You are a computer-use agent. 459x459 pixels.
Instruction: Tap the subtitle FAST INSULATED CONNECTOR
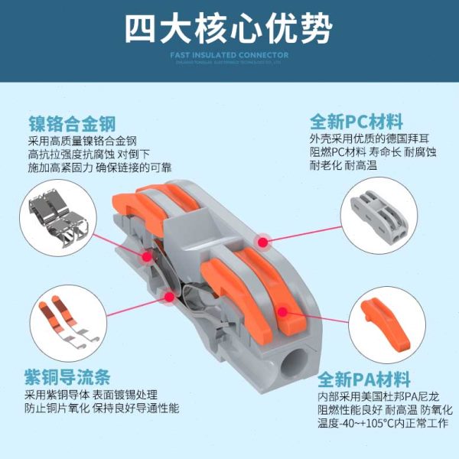click(x=229, y=55)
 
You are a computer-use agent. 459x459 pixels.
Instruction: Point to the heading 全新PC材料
click(x=356, y=122)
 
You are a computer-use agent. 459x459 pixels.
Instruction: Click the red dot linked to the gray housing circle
click(x=263, y=242)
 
